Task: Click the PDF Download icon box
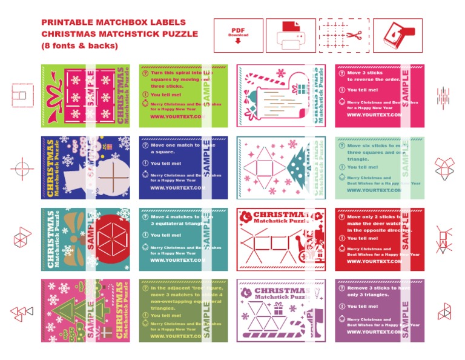pyautogui.click(x=238, y=35)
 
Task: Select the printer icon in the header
pyautogui.click(x=291, y=35)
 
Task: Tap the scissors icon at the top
pyautogui.click(x=343, y=35)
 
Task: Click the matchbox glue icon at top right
pyautogui.click(x=397, y=35)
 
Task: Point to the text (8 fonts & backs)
pyautogui.click(x=79, y=45)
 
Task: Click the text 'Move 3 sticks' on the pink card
pyautogui.click(x=365, y=73)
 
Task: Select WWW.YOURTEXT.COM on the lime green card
pyautogui.click(x=177, y=116)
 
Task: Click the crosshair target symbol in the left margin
pyautogui.click(x=22, y=165)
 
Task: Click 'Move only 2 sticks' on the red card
pyautogui.click(x=369, y=216)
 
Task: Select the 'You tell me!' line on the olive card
pyautogui.click(x=165, y=315)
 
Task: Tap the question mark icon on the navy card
pyautogui.click(x=145, y=145)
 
